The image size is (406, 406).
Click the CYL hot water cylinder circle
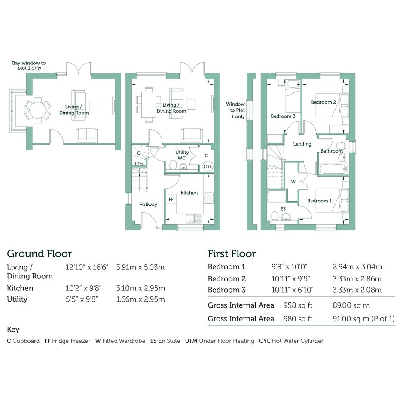pos(208,166)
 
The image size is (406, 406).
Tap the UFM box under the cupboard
pos(139,164)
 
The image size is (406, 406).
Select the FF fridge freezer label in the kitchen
pos(171,199)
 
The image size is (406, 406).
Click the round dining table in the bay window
pos(37,110)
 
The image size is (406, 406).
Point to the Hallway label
pos(148,205)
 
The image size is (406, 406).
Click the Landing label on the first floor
pos(302,144)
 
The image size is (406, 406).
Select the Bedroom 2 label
pos(324,102)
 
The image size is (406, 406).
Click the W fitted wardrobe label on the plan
pos(293,181)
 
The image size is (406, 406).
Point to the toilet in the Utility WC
pos(173,165)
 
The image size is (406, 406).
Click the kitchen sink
pos(194,219)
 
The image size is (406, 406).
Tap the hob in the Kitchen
pos(208,198)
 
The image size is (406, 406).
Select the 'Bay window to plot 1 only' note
pos(29,65)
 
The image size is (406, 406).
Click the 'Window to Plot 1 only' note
pos(235,110)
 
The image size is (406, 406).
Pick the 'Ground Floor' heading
pos(40,254)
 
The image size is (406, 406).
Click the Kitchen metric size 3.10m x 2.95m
pos(140,288)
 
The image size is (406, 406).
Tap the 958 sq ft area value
pos(298,305)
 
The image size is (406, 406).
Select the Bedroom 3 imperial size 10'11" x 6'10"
pos(292,290)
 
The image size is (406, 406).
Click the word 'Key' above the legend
pos(13,330)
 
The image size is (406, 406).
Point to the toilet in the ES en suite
pos(275,217)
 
